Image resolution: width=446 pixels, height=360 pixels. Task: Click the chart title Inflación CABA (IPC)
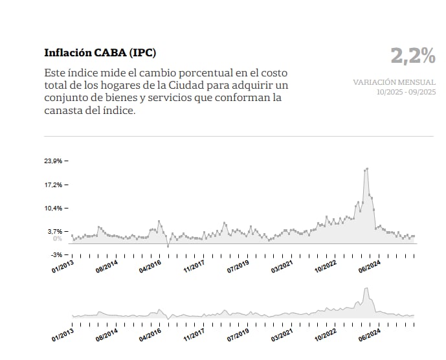pyautogui.click(x=100, y=52)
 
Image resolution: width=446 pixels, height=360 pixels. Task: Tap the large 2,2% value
pyautogui.click(x=413, y=57)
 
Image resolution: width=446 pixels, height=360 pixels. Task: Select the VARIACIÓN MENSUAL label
pyautogui.click(x=394, y=82)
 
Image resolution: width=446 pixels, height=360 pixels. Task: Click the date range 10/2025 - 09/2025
pyautogui.click(x=406, y=92)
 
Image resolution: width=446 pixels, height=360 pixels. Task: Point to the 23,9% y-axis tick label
pyautogui.click(x=52, y=161)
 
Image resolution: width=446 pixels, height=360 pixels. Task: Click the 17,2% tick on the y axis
pyautogui.click(x=52, y=185)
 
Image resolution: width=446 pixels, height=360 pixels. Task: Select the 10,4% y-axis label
pyautogui.click(x=52, y=208)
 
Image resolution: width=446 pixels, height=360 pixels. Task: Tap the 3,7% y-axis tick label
pyautogui.click(x=54, y=231)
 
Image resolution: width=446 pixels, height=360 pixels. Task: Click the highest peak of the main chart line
pyautogui.click(x=367, y=169)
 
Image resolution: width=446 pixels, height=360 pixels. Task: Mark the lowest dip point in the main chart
pyautogui.click(x=168, y=246)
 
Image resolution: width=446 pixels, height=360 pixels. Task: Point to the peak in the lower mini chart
pyautogui.click(x=366, y=289)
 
